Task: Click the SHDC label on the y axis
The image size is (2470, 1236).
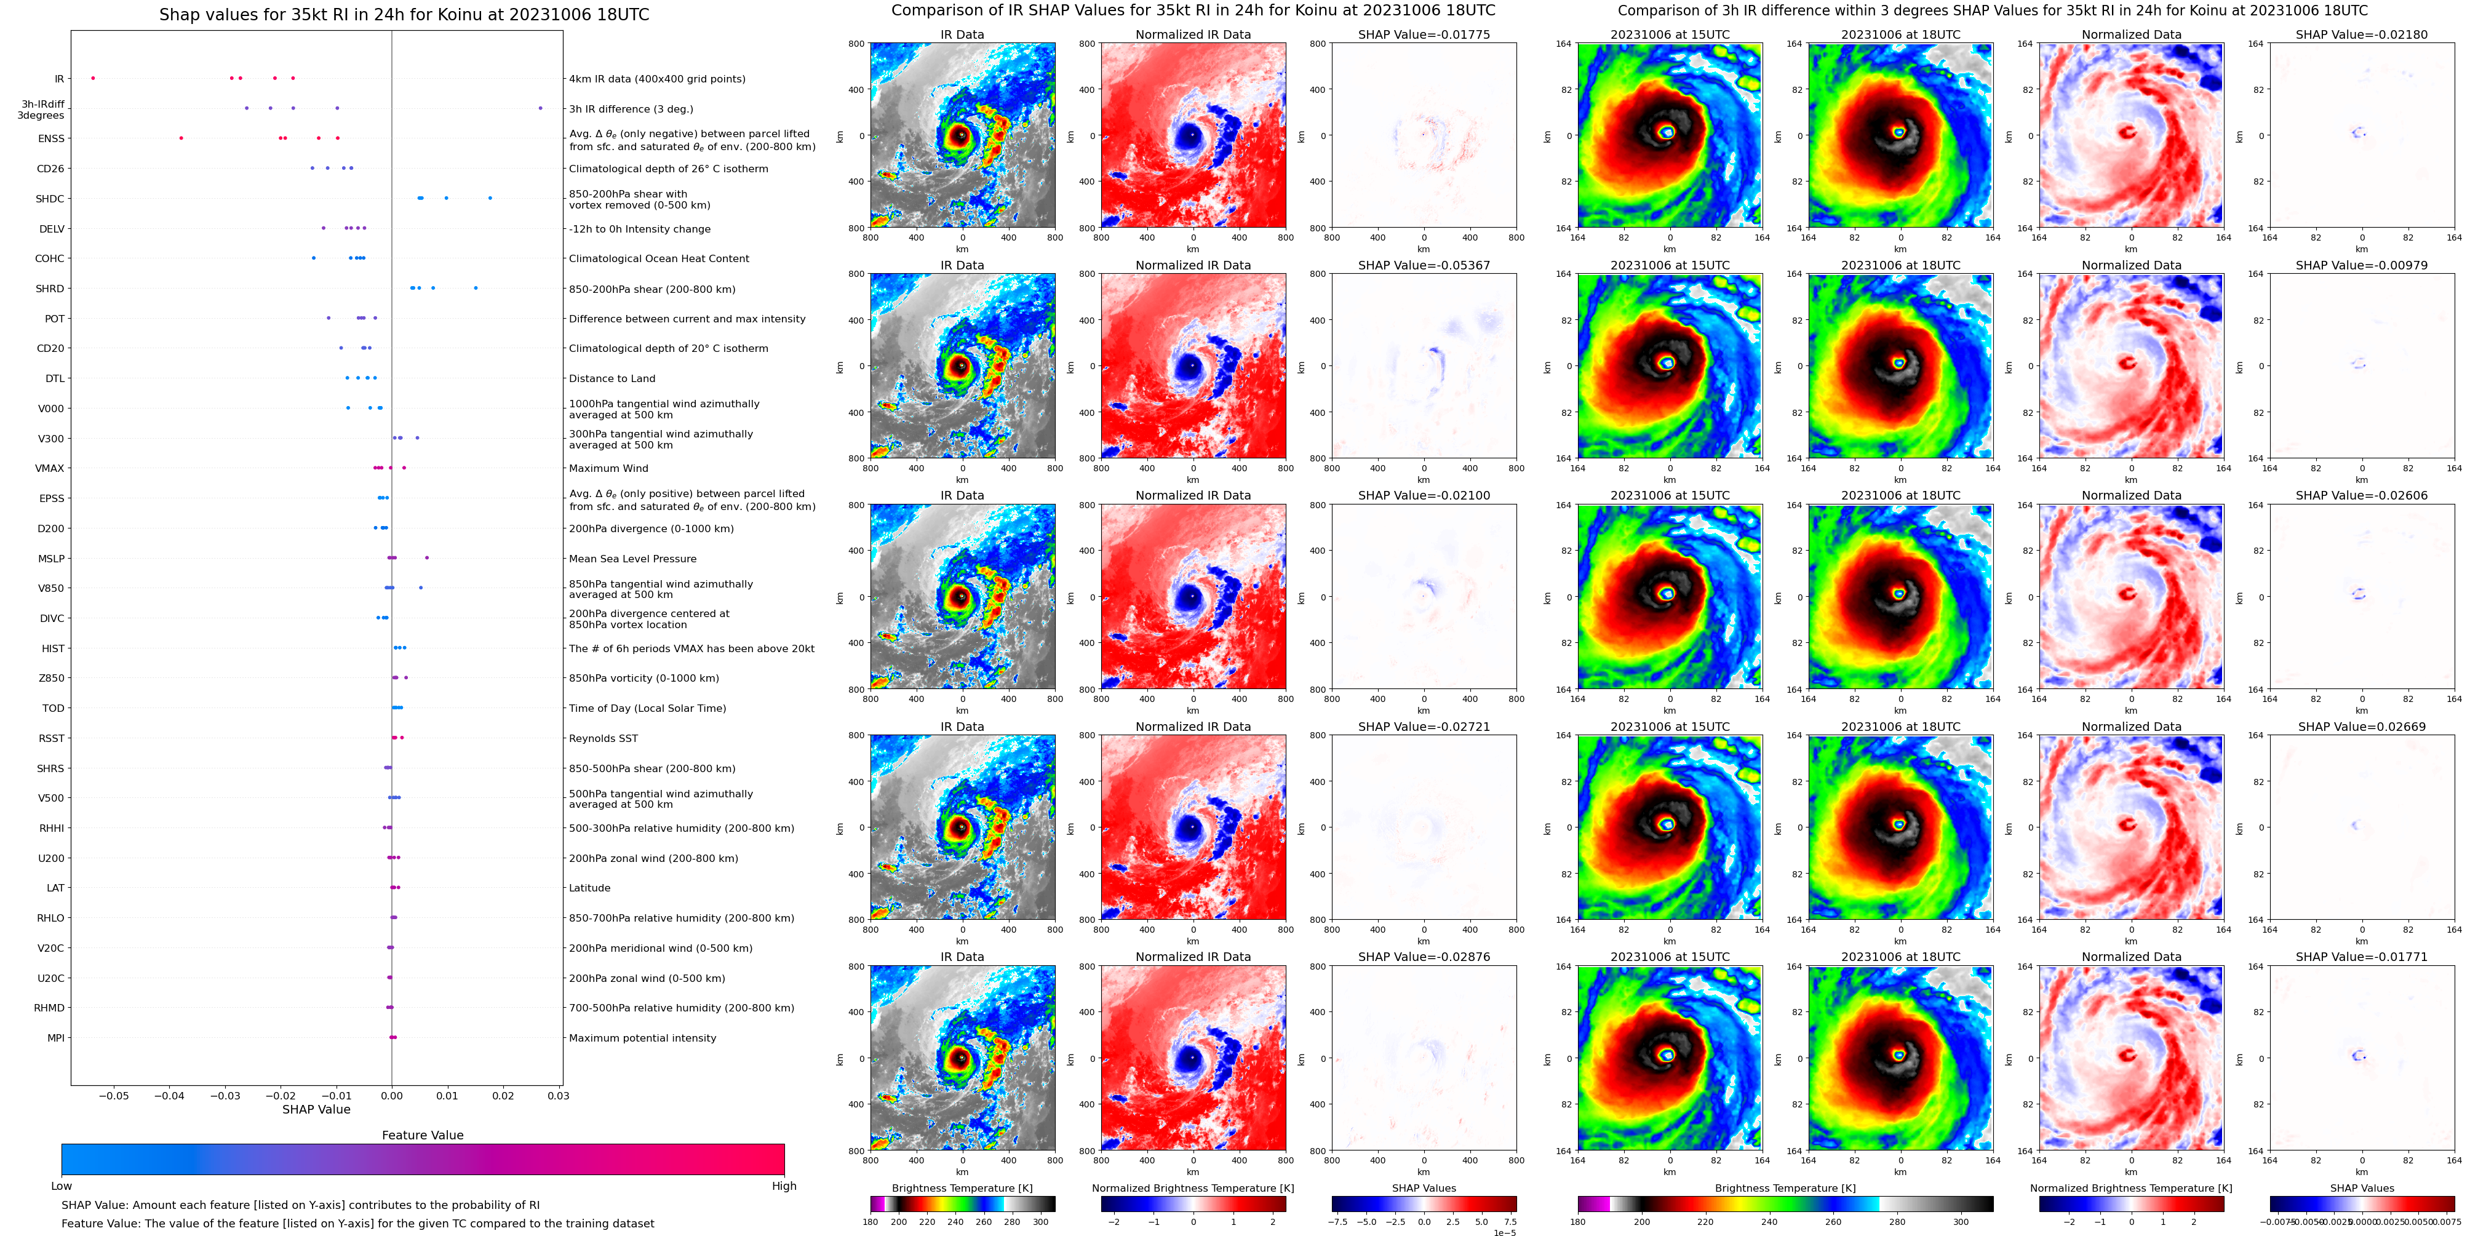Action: click(x=50, y=199)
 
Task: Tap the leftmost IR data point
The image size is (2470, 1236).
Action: click(x=93, y=78)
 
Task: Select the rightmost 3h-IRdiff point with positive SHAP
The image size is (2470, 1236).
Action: click(x=540, y=108)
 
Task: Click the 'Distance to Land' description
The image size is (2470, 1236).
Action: click(x=612, y=379)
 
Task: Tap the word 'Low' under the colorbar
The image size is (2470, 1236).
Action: click(x=62, y=1186)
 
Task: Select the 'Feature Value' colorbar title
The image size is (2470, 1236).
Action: click(x=422, y=1135)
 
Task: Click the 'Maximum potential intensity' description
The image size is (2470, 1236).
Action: click(x=642, y=1039)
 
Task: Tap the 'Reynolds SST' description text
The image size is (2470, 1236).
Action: click(x=602, y=738)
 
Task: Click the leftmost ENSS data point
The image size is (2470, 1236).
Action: click(x=181, y=138)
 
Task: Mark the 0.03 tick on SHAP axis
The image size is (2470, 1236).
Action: click(x=558, y=1095)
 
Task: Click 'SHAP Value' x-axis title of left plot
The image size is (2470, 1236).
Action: click(x=316, y=1109)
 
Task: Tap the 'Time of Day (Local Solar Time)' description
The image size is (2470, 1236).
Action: click(x=647, y=709)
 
